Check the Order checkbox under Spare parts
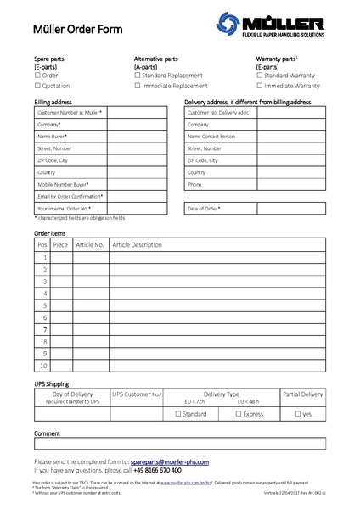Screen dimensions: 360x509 point(37,76)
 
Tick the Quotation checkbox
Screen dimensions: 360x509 point(37,86)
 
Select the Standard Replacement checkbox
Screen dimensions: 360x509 point(138,76)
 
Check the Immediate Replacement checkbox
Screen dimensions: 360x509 point(138,86)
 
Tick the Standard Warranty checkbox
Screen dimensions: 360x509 point(259,76)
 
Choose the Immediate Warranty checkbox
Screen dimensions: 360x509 point(259,86)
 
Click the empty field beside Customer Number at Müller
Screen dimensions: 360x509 point(137,112)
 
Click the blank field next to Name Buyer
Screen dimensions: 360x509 point(137,136)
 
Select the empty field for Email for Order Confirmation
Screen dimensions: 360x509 point(137,196)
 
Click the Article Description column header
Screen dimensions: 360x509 point(137,244)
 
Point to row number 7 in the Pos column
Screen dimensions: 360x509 point(42,329)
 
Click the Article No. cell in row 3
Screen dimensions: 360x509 point(91,281)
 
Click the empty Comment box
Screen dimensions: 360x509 point(179,443)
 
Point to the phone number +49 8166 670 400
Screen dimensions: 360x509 point(157,470)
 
